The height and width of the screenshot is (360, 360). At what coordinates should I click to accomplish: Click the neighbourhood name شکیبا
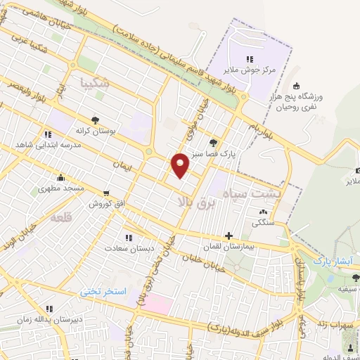coord(95,82)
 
